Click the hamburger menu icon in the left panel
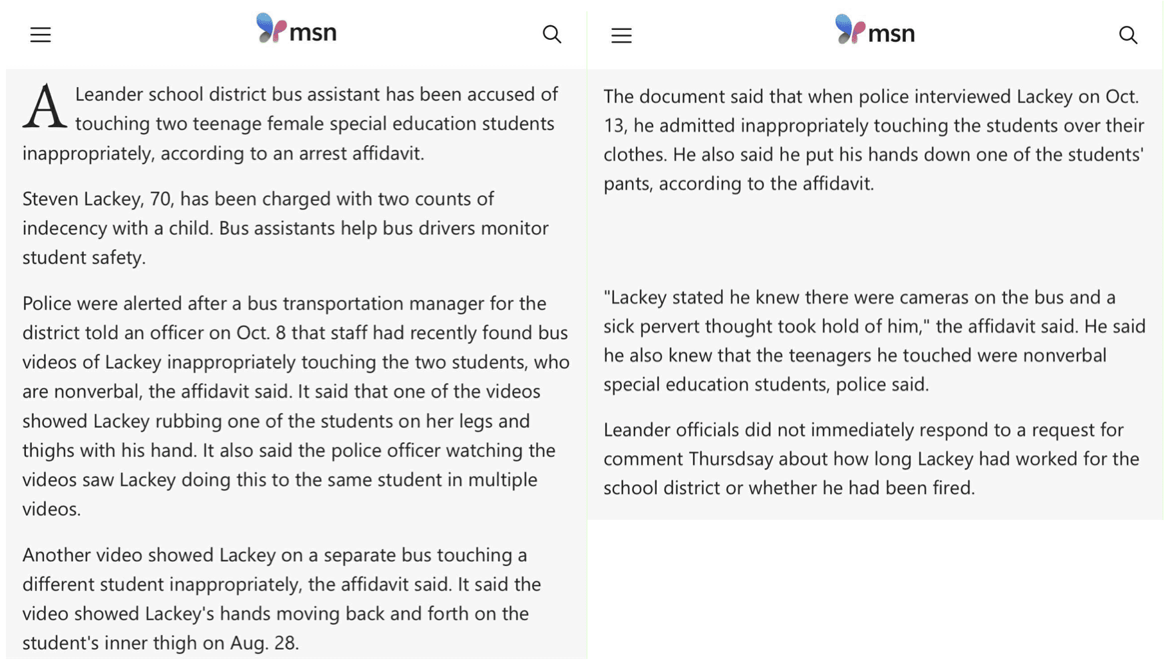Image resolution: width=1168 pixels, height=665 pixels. point(41,35)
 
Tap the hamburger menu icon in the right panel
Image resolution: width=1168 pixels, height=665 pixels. point(621,36)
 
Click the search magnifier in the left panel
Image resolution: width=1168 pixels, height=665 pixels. point(551,35)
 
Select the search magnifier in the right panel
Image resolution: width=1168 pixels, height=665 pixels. point(1127,35)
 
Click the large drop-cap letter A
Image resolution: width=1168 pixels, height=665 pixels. point(45,107)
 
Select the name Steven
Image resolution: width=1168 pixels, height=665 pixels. point(48,199)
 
